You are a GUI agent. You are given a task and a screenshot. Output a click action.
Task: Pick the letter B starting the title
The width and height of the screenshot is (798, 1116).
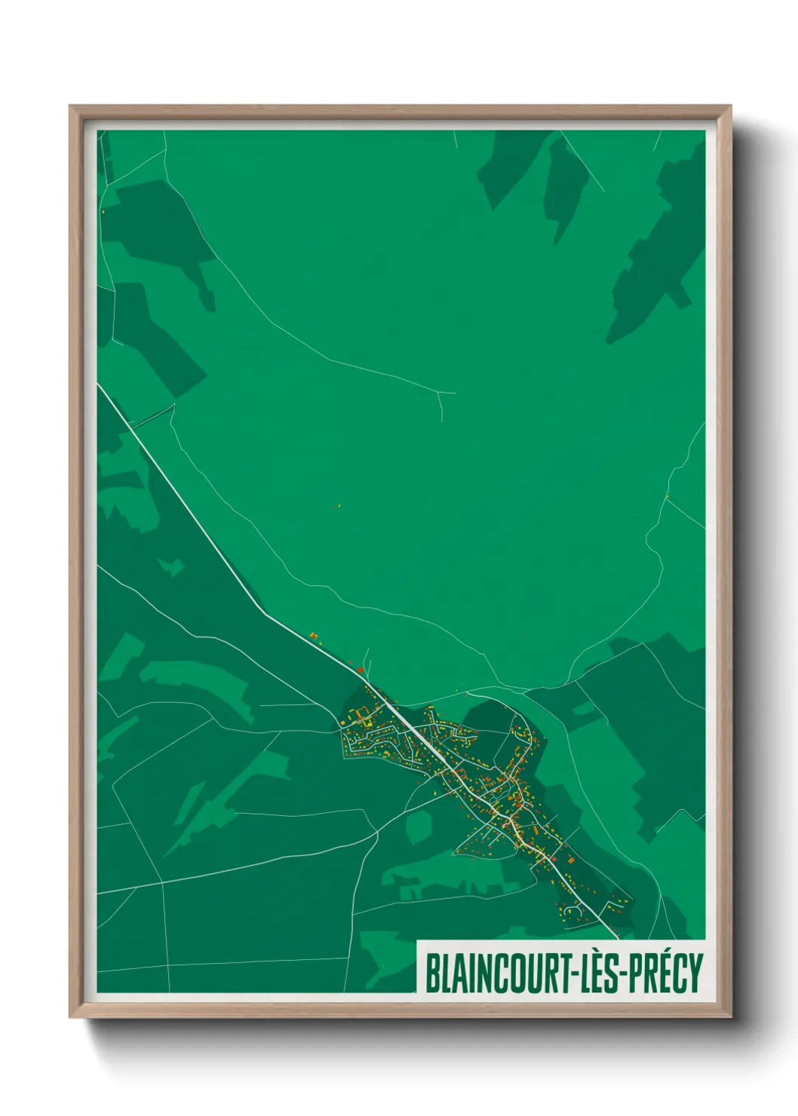431,973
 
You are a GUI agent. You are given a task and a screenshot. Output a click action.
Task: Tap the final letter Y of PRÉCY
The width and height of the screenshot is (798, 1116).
695,973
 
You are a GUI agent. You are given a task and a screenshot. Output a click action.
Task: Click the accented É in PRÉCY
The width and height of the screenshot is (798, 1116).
658,973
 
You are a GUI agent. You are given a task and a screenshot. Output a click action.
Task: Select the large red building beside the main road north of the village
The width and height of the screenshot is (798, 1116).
361,669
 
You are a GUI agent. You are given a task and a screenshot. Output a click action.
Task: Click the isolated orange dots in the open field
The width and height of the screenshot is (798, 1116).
338,506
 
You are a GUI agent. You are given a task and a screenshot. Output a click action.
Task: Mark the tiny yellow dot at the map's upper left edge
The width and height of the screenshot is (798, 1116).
103,212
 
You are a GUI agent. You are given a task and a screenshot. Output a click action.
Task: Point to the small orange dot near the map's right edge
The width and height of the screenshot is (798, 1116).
667,495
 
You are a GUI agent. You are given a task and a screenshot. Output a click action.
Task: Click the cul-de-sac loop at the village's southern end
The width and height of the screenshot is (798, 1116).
571,912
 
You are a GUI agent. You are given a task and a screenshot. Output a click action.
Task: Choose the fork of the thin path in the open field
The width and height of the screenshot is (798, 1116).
440,394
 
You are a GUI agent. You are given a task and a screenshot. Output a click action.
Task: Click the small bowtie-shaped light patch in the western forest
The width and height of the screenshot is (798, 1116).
171,566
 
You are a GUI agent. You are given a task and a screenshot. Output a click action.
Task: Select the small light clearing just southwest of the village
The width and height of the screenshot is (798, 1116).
417,827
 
